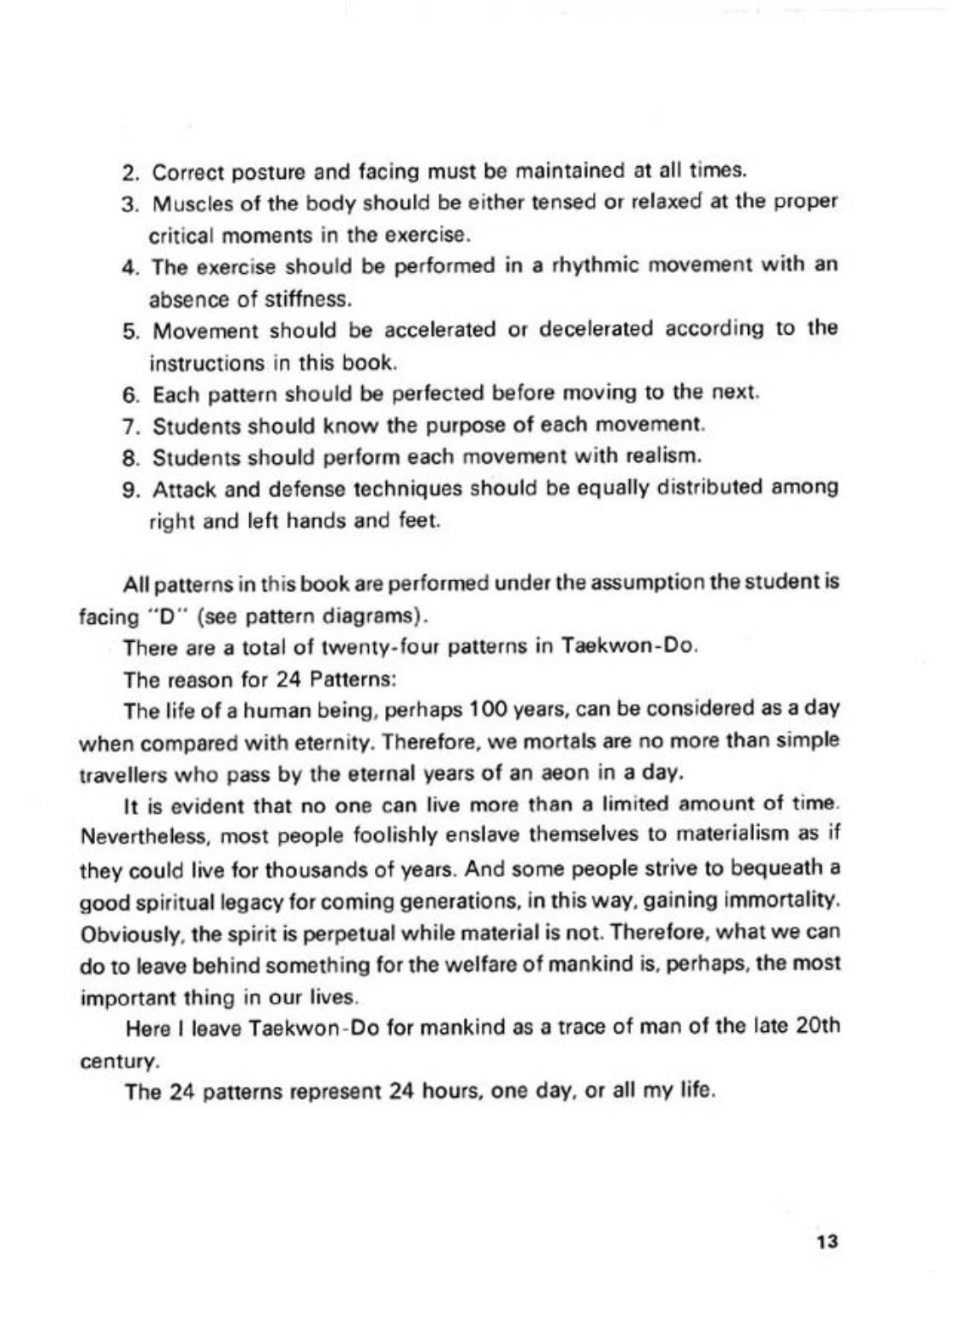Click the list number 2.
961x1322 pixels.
130,172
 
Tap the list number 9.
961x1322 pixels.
130,490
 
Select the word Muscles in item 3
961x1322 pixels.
186,204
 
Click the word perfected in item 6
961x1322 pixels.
414,394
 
